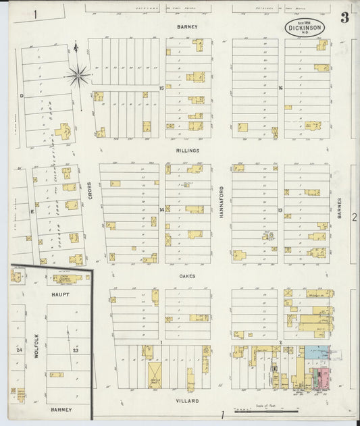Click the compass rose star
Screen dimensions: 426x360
[x=78, y=75]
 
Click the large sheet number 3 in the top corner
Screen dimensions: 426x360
[x=344, y=18]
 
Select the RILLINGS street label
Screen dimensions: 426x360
[x=187, y=151]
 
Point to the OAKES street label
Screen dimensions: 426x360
[x=187, y=275]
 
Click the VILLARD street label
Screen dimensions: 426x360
[x=187, y=400]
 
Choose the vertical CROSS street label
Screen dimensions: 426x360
[x=89, y=191]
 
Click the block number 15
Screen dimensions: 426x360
[x=161, y=88]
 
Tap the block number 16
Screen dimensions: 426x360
[x=280, y=88]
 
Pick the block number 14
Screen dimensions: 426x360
[x=161, y=209]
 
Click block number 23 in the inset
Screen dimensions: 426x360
[x=76, y=351]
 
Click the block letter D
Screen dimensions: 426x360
[x=22, y=96]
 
